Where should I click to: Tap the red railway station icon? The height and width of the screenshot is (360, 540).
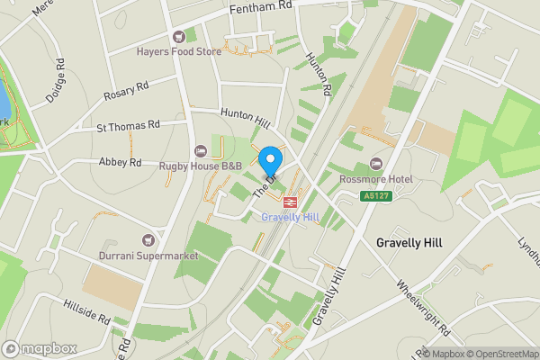pyautogui.click(x=291, y=202)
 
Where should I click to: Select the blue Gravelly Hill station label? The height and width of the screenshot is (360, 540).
pyautogui.click(x=291, y=218)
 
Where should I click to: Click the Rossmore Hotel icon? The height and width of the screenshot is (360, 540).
pyautogui.click(x=375, y=165)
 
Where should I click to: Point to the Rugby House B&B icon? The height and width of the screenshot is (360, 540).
pyautogui.click(x=200, y=150)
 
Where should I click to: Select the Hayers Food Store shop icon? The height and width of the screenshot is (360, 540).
pyautogui.click(x=178, y=36)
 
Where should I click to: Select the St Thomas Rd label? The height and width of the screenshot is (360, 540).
pyautogui.click(x=128, y=125)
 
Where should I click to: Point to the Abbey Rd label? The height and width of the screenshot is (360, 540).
pyautogui.click(x=122, y=163)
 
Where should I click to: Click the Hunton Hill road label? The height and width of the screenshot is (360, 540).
pyautogui.click(x=246, y=117)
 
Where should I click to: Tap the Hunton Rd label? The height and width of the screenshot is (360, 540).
pyautogui.click(x=319, y=76)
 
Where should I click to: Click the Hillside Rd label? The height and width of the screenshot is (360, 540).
pyautogui.click(x=85, y=313)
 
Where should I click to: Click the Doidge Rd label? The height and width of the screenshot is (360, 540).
pyautogui.click(x=56, y=81)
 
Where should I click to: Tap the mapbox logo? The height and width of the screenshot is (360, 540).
pyautogui.click(x=40, y=348)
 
